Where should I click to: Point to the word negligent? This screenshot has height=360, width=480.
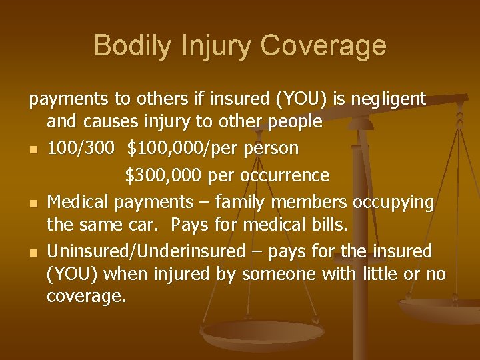point(387,99)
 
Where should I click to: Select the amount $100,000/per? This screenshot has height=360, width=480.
point(177,147)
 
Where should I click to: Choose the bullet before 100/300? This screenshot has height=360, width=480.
point(33,149)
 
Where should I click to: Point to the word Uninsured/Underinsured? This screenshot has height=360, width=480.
point(146,251)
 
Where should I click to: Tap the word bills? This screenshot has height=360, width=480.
point(327,226)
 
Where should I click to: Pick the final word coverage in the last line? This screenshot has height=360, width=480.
point(86,297)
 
